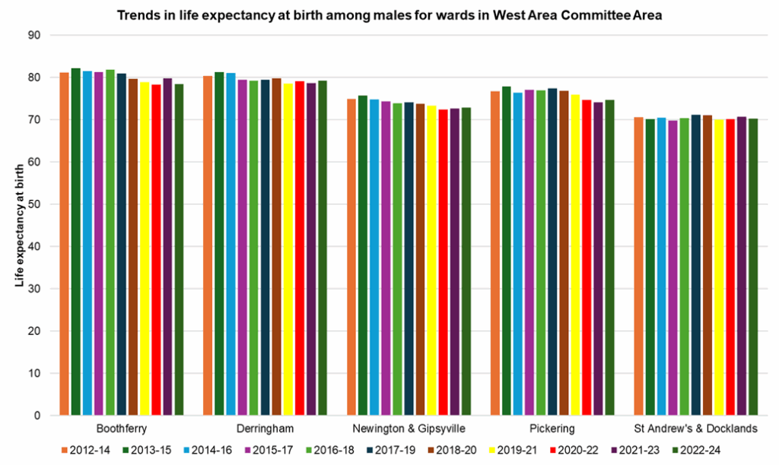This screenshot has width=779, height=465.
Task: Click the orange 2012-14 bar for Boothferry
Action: (x=65, y=244)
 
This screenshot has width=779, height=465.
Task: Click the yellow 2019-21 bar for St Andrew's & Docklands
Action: (x=719, y=267)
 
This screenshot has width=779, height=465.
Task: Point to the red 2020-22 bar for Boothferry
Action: (x=156, y=250)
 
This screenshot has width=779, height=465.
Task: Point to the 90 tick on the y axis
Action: (x=33, y=36)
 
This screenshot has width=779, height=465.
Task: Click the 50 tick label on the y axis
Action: (x=33, y=204)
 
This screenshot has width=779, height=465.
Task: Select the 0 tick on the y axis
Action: (x=37, y=416)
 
